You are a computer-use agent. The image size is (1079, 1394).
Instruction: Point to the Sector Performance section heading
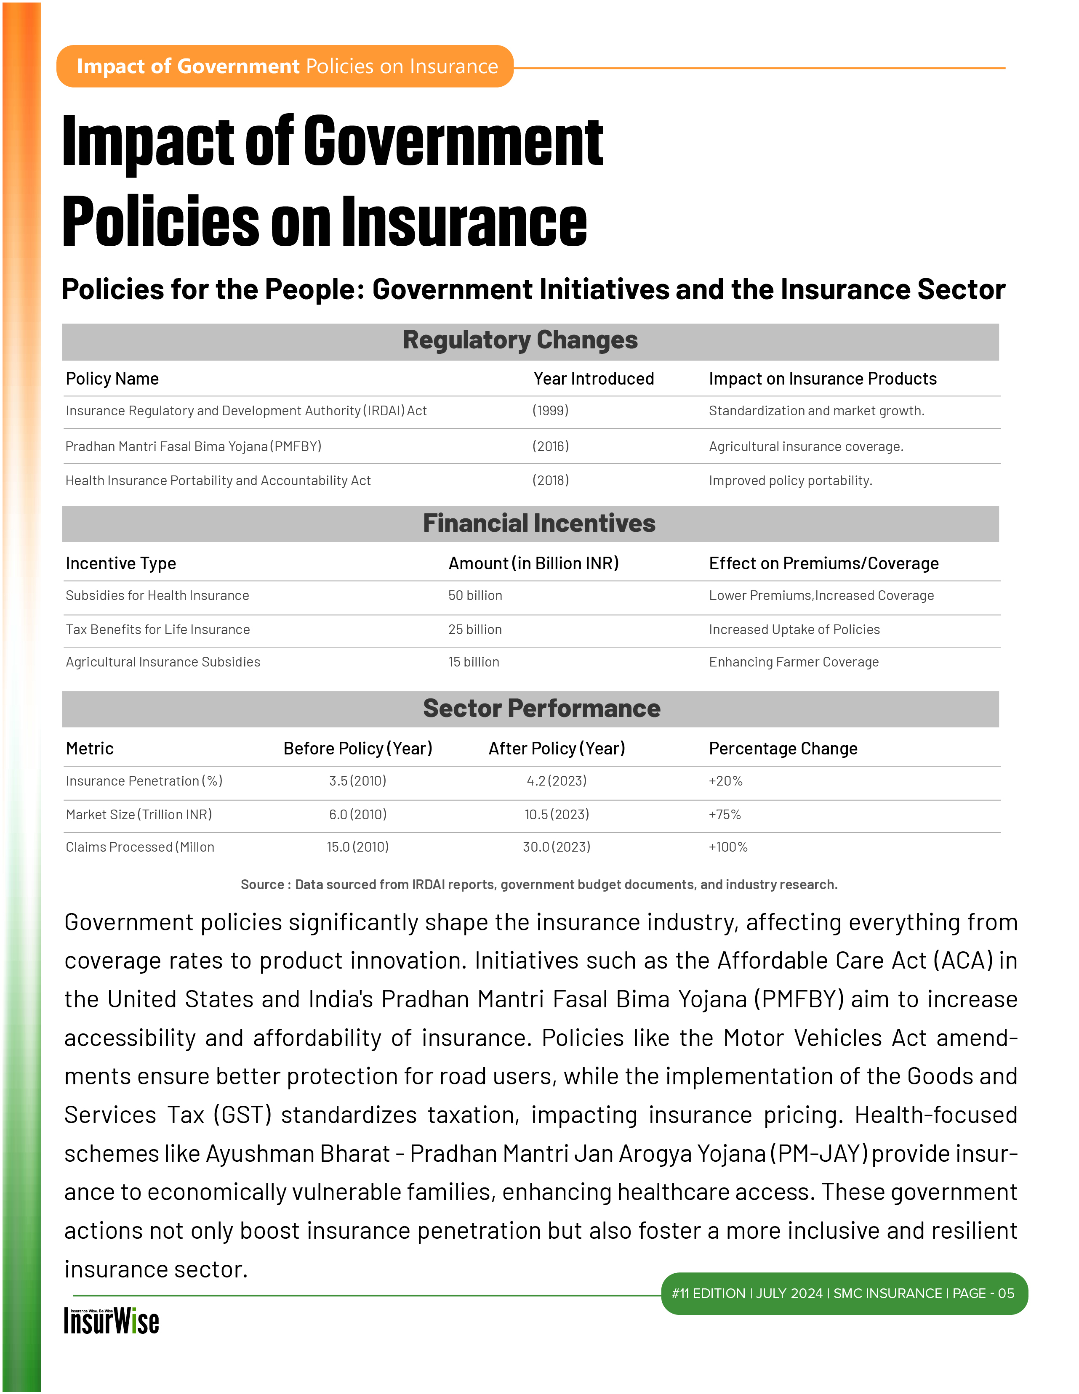pyautogui.click(x=541, y=709)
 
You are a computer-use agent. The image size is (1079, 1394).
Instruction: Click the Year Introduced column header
pyautogui.click(x=593, y=379)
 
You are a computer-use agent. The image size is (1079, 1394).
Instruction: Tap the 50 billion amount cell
pyautogui.click(x=475, y=595)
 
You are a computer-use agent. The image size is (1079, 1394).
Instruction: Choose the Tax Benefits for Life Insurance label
pyautogui.click(x=158, y=630)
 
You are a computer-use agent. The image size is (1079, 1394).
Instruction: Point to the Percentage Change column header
pyautogui.click(x=783, y=749)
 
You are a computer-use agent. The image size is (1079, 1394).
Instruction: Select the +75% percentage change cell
pyautogui.click(x=725, y=815)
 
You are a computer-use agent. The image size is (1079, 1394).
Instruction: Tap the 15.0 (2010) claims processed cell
pyautogui.click(x=357, y=847)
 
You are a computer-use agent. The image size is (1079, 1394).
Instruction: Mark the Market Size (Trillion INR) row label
pyautogui.click(x=139, y=815)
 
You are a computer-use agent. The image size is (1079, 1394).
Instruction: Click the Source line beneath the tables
pyautogui.click(x=539, y=884)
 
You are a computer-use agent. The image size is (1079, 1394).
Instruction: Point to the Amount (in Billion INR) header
pyautogui.click(x=533, y=563)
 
